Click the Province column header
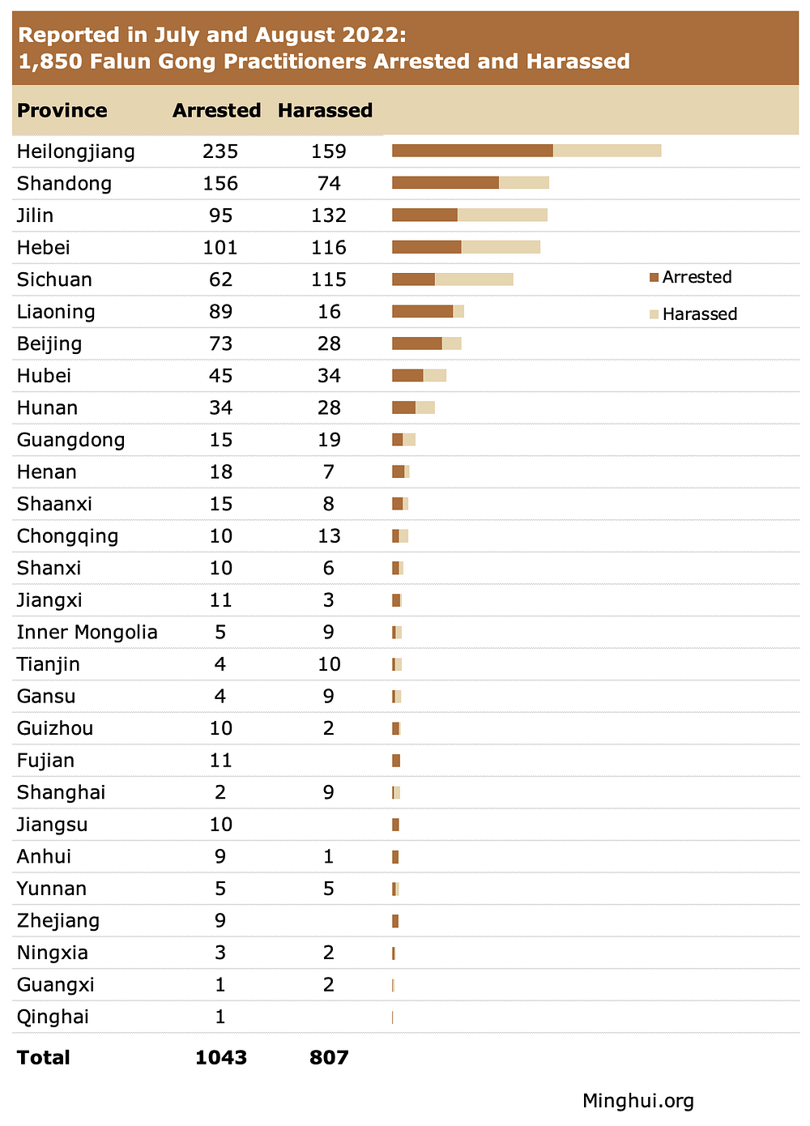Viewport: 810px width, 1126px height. [x=62, y=110]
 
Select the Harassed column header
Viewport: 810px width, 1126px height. [x=325, y=110]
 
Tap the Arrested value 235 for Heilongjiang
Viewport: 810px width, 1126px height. [x=220, y=151]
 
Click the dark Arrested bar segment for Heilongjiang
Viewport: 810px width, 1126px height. [x=472, y=151]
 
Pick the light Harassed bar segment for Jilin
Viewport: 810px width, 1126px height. [x=502, y=215]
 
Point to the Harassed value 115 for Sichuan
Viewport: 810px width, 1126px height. [x=329, y=279]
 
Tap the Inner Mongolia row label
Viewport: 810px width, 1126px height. [x=87, y=633]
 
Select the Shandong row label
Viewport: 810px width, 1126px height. [x=65, y=184]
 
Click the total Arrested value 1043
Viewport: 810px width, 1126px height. [x=221, y=1057]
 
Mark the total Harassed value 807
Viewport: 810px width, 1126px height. [x=329, y=1057]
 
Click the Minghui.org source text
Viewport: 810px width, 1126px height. [x=638, y=1101]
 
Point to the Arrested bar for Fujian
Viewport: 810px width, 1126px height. [x=396, y=761]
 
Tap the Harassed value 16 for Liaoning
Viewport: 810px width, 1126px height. [x=329, y=312]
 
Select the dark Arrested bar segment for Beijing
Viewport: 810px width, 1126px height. [x=417, y=343]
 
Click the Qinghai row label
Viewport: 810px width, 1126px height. [x=53, y=1017]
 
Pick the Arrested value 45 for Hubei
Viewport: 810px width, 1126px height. [x=220, y=376]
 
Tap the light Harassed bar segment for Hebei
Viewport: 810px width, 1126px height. [x=501, y=247]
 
